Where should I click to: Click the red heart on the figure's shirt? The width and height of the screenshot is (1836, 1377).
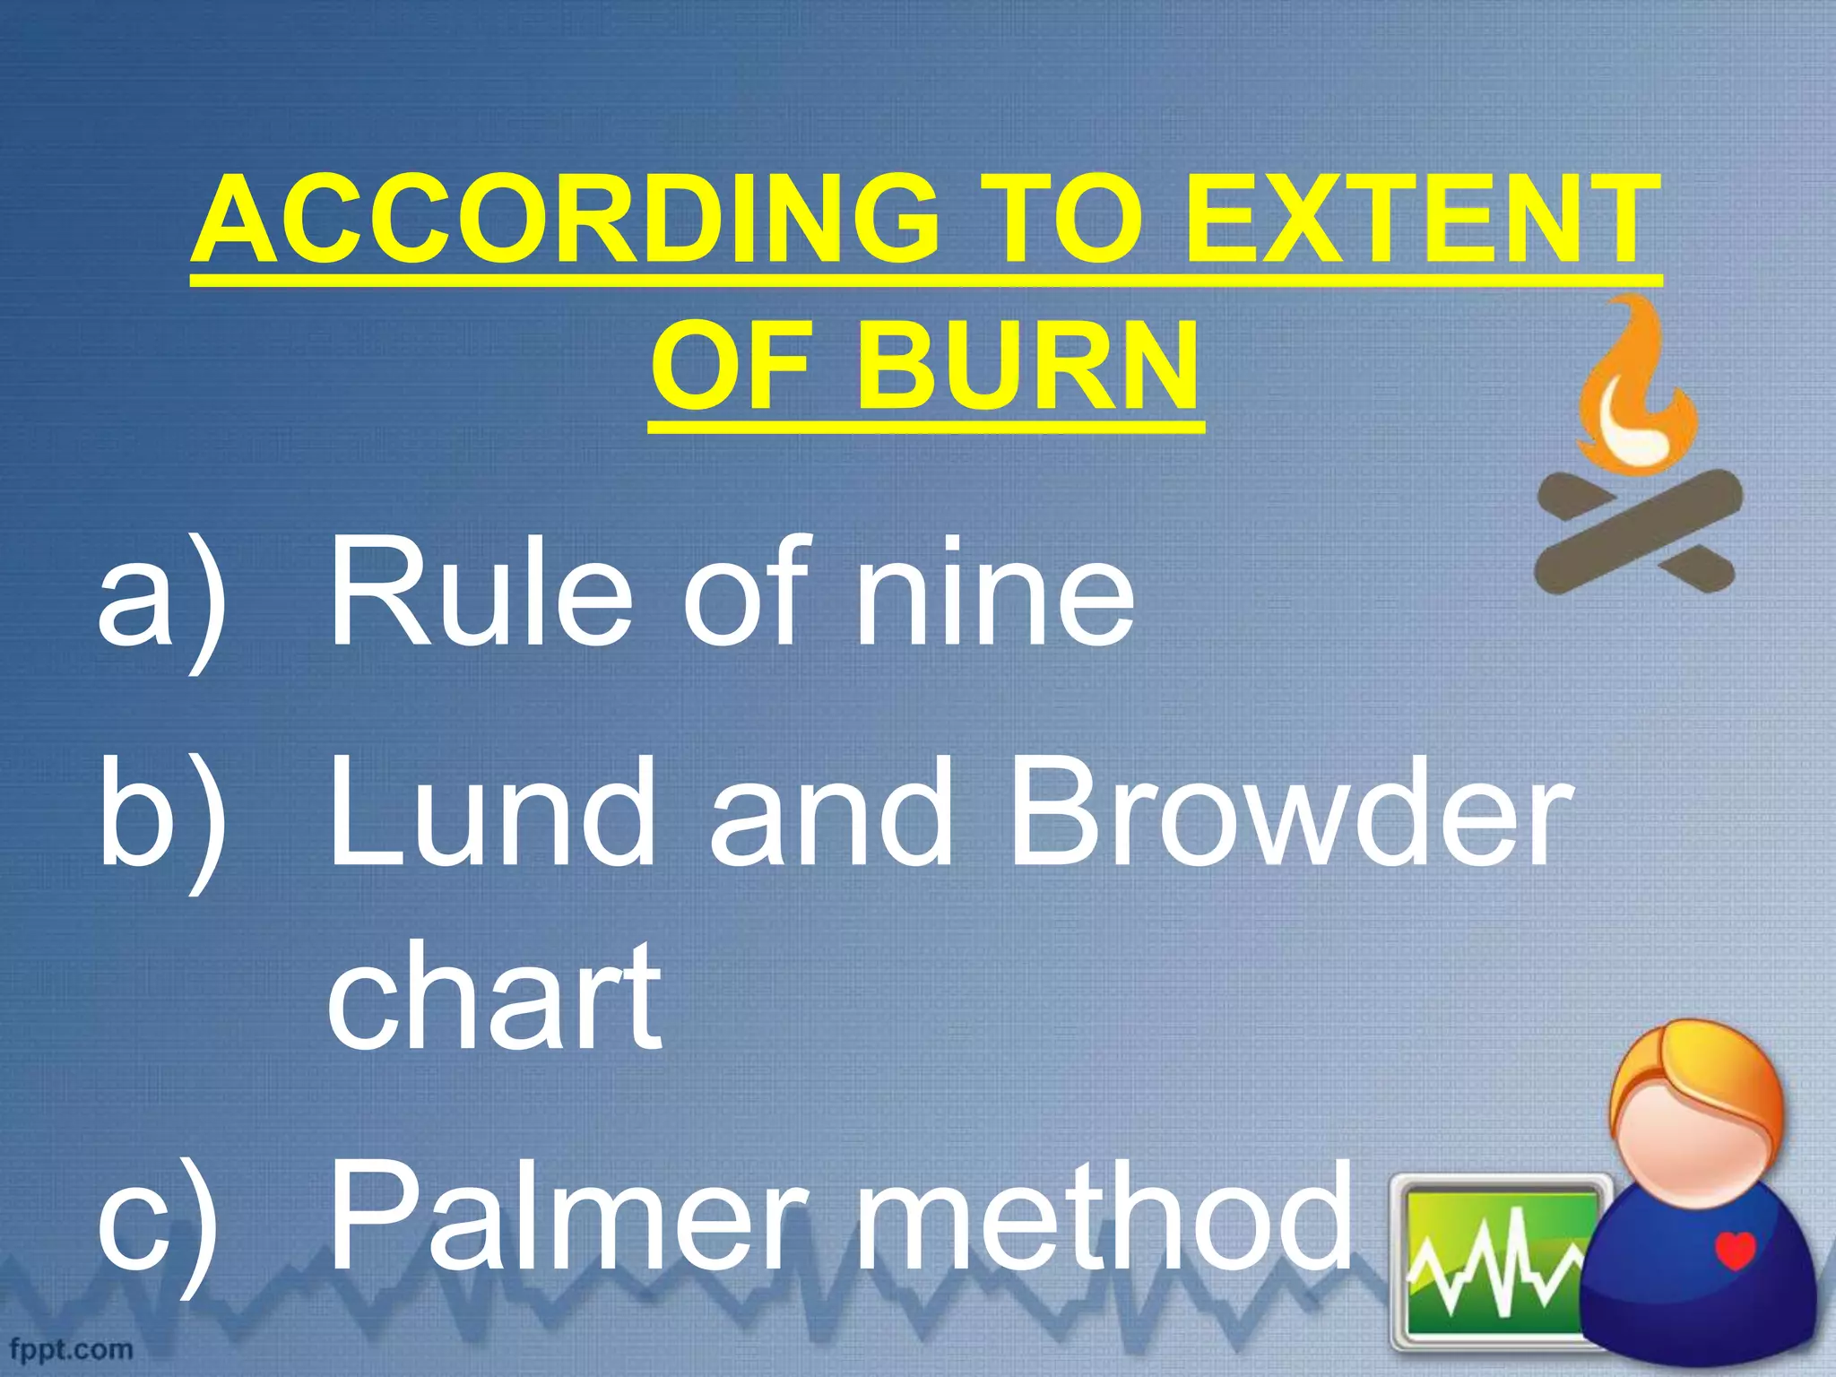click(x=1736, y=1250)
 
